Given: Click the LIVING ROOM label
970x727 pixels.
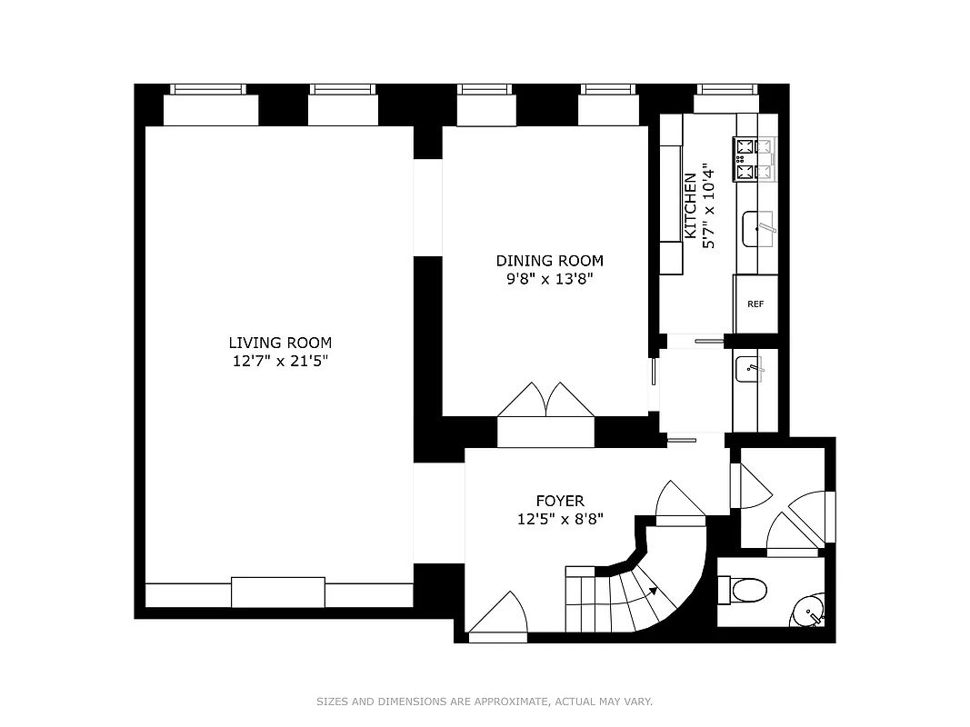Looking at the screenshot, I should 280,343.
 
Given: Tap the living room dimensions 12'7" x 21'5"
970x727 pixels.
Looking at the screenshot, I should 280,361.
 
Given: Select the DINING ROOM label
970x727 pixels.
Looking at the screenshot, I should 549,261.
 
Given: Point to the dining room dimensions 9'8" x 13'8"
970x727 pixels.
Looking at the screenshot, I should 549,279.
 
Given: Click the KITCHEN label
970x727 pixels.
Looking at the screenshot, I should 691,207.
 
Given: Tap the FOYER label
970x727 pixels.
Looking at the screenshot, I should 559,501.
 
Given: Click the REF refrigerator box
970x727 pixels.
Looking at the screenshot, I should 755,304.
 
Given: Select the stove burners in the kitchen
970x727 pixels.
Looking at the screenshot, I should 755,158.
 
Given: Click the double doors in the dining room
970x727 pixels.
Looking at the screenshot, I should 545,401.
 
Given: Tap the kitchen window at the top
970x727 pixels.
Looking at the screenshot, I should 727,90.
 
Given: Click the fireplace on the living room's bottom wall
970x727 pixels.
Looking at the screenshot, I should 278,592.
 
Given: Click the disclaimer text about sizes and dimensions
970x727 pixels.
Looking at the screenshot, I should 485,702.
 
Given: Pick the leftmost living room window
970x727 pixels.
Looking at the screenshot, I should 209,90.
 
